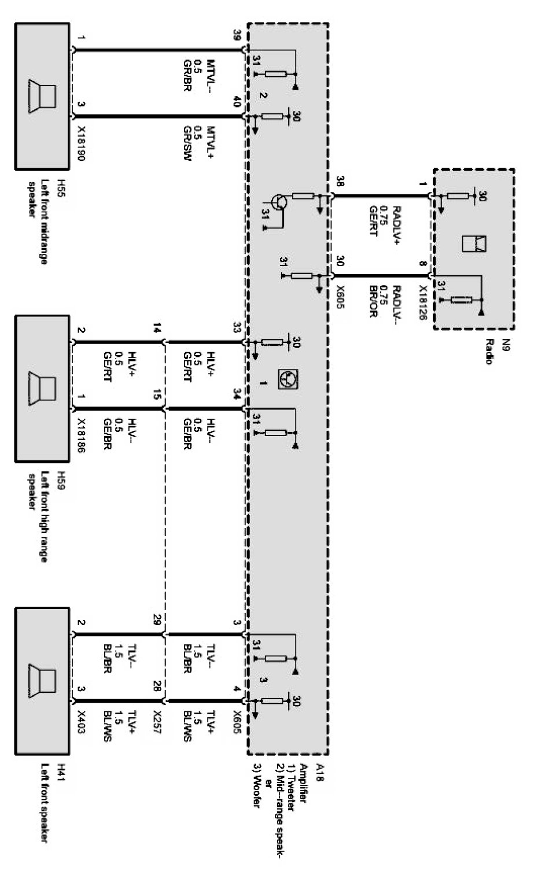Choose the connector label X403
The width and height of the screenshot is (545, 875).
pos(80,721)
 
